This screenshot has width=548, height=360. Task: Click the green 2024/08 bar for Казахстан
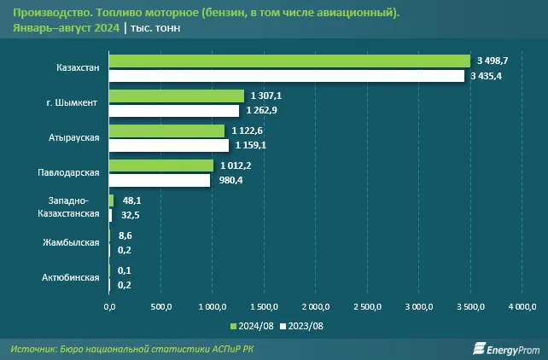(x=289, y=61)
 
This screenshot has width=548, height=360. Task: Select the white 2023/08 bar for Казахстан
(x=286, y=76)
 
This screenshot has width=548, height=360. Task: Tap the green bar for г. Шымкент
(x=177, y=96)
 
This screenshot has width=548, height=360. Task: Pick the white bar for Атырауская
(x=169, y=145)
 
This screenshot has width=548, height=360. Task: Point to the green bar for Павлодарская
(x=161, y=165)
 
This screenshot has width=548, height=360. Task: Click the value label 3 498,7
(x=493, y=61)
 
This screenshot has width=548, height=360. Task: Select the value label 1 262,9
(x=261, y=111)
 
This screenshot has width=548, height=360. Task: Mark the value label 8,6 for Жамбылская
(x=125, y=235)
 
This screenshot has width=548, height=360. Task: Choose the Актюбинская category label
(x=71, y=277)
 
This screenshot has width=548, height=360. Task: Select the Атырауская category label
(x=74, y=137)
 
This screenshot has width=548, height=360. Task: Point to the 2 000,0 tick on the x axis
(x=316, y=306)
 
